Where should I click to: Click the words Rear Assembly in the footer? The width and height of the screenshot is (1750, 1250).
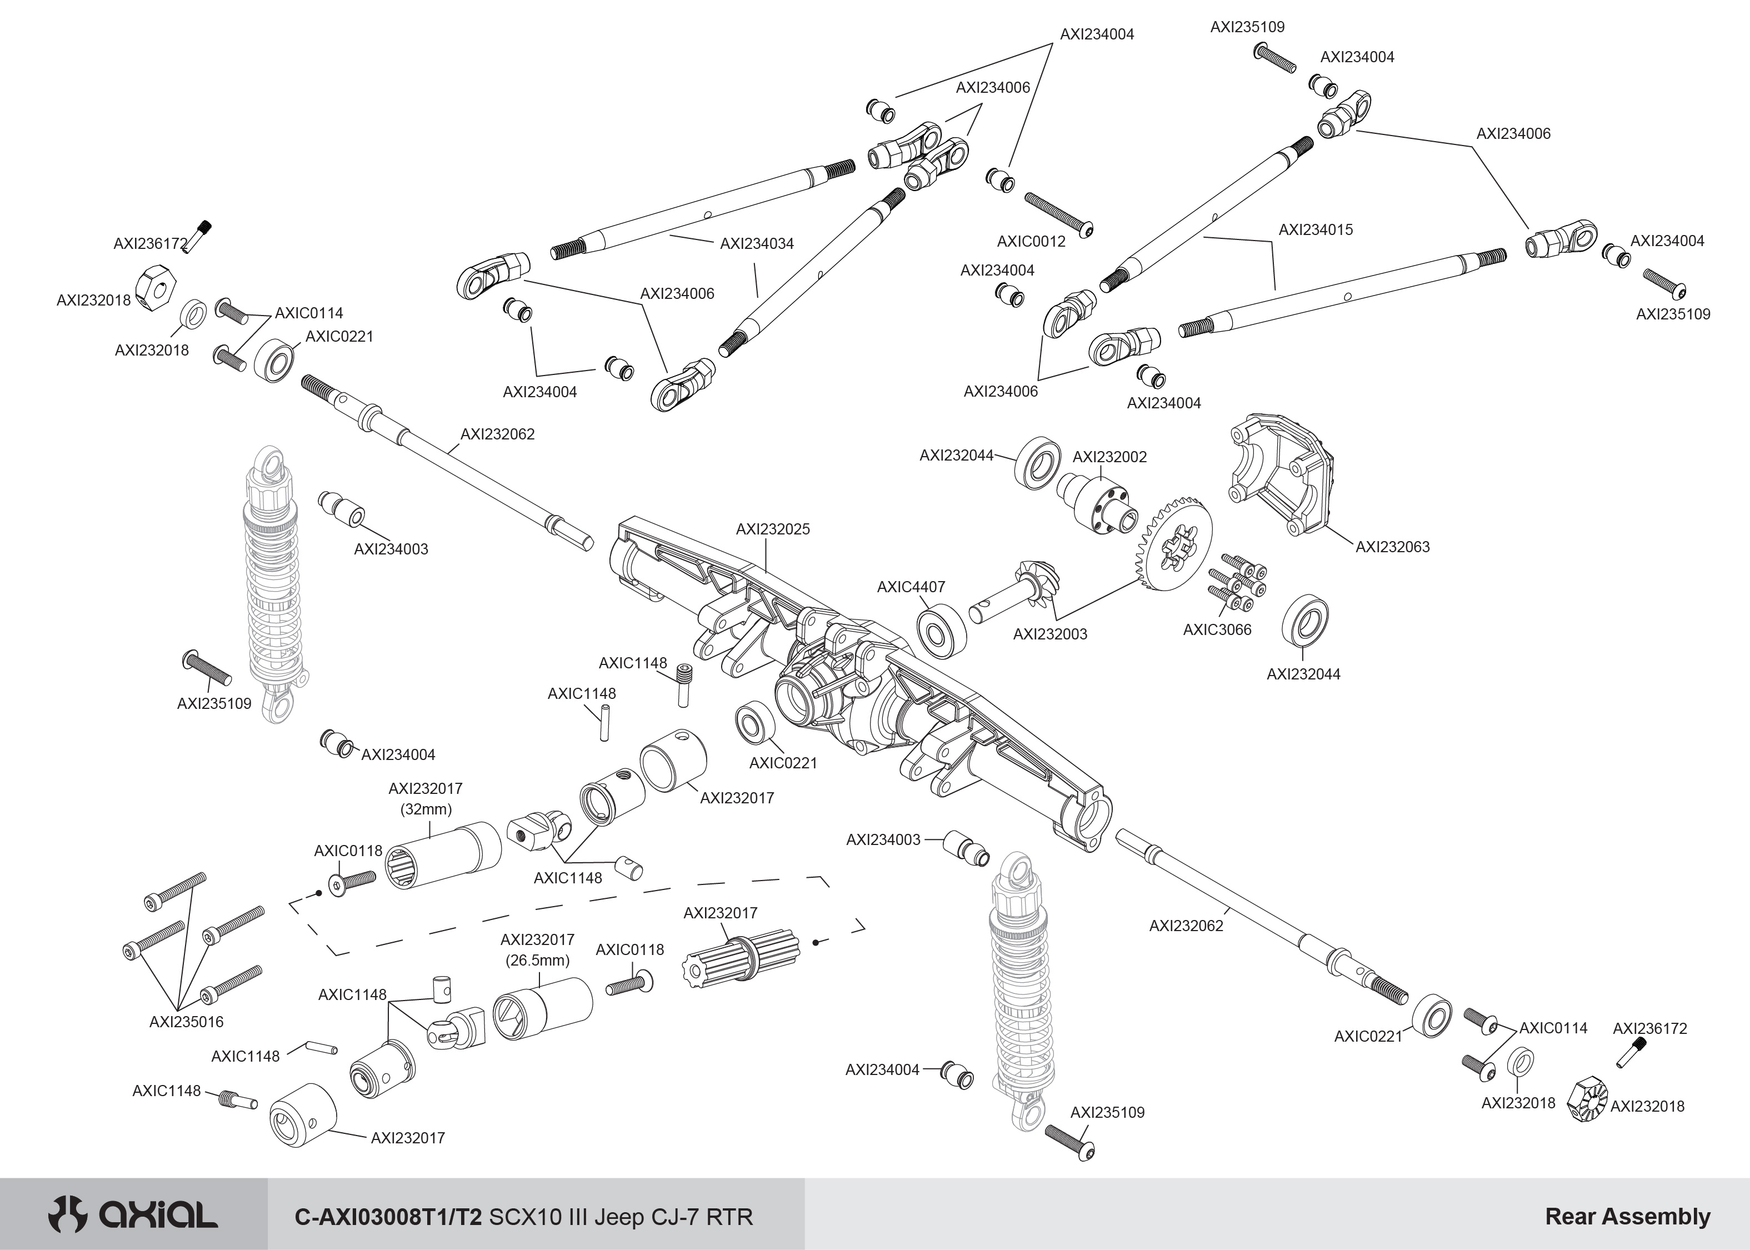1627,1216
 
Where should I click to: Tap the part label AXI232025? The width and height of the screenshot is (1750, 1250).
773,529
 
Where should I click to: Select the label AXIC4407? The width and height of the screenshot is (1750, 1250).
911,587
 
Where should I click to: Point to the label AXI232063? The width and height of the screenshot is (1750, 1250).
1392,547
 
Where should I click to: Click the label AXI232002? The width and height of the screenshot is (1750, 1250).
1109,457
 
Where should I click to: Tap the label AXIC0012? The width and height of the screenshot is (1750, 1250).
1031,242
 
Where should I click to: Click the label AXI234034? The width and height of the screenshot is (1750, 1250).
757,244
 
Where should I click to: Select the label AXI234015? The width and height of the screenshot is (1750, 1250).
1315,230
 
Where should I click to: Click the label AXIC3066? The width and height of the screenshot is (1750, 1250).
1217,629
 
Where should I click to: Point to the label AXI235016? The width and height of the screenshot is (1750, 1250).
186,1022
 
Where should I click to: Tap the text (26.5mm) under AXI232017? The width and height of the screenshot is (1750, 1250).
537,961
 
